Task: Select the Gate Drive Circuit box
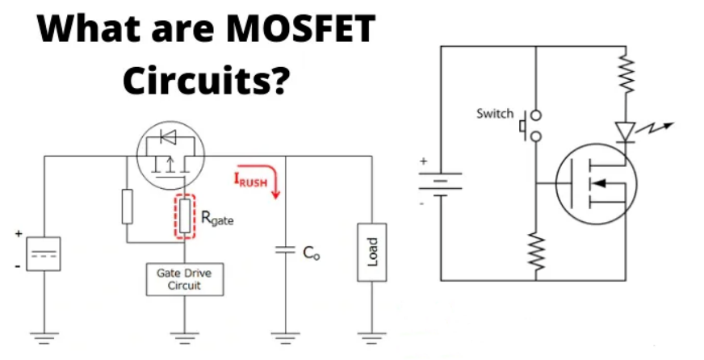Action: (x=184, y=279)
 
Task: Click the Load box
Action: (x=371, y=253)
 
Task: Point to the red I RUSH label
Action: (x=250, y=180)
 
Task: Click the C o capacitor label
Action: (x=312, y=253)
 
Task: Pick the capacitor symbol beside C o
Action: (x=283, y=250)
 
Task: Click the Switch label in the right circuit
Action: (x=494, y=114)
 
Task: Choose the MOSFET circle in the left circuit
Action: (x=170, y=153)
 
